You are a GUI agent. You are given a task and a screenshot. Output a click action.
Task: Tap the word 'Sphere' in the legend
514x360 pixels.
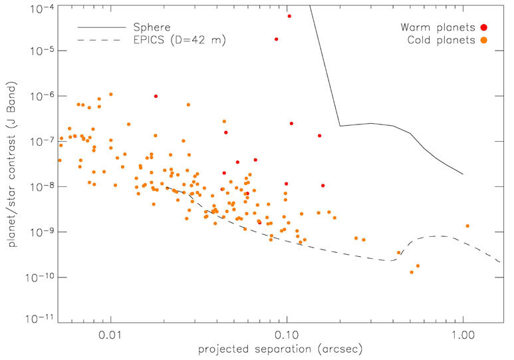pos(152,27)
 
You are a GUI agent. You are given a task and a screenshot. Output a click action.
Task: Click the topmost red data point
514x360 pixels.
pos(289,16)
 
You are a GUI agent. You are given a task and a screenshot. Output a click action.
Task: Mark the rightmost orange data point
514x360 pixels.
pos(468,226)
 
